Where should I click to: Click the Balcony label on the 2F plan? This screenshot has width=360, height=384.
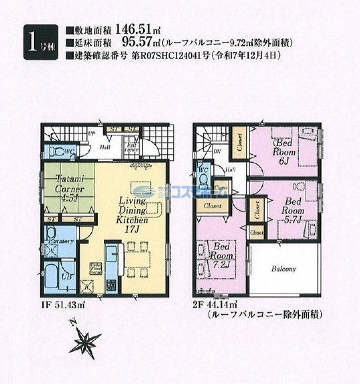click(x=284, y=269)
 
